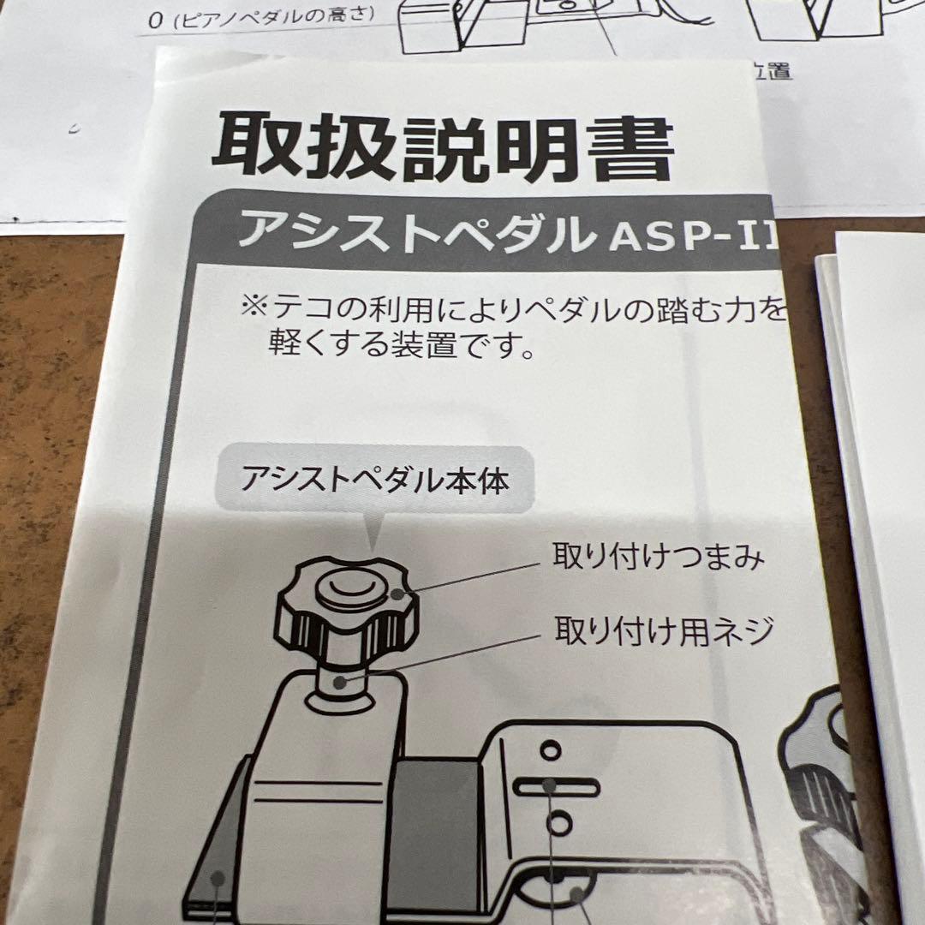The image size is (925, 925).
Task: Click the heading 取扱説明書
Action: click(x=441, y=147)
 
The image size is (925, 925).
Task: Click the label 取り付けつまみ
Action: click(x=658, y=558)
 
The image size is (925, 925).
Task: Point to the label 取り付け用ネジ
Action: click(x=664, y=632)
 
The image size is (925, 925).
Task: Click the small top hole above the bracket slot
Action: click(x=549, y=750)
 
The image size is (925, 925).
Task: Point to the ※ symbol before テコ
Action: click(x=255, y=307)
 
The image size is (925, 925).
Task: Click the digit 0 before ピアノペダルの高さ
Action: click(x=154, y=22)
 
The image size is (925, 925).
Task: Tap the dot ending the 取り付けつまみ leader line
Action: click(x=396, y=594)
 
